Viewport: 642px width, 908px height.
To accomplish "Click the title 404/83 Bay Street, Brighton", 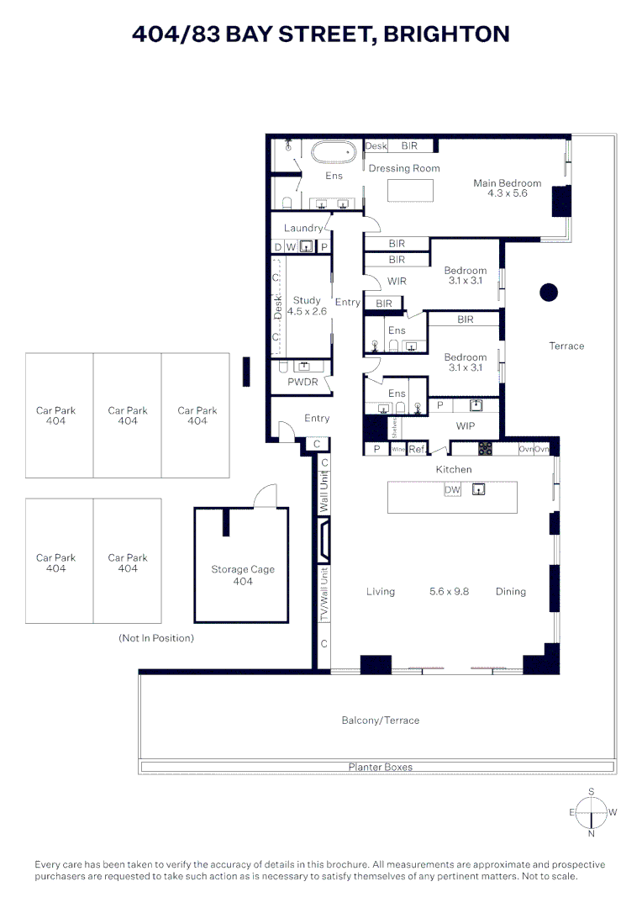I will [x=321, y=34].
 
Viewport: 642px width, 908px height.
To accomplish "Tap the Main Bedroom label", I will [x=507, y=188].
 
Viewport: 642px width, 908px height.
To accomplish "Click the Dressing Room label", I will [x=404, y=168].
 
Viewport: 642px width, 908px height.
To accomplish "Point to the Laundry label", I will [x=303, y=228].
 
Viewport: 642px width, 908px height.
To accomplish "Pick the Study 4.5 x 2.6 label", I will [x=307, y=306].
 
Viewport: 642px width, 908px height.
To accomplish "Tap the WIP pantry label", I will [x=465, y=426].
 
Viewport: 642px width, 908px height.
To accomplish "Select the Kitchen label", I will [x=453, y=469].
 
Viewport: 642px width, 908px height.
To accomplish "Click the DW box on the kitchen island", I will [x=452, y=490].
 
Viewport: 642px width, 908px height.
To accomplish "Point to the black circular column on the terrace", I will [x=548, y=293].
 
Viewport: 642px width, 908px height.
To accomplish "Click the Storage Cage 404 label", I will [x=242, y=575].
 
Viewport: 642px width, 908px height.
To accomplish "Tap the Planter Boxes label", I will [x=380, y=767].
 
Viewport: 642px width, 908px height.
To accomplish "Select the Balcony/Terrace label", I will [x=380, y=721].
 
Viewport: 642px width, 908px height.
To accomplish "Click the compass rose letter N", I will [x=592, y=834].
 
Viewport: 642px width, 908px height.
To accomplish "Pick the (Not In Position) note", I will [x=156, y=638].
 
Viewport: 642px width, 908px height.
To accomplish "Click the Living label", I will [x=380, y=592].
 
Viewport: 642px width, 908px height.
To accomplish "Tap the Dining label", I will [x=510, y=592].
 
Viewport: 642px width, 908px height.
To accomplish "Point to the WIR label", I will [x=397, y=281].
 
